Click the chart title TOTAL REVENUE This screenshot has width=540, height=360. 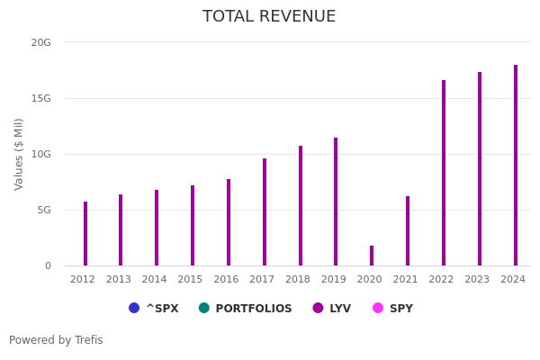[x=269, y=17]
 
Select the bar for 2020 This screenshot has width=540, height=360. [x=372, y=256]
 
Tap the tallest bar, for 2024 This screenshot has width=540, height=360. [x=516, y=166]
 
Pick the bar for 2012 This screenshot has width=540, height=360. [x=85, y=234]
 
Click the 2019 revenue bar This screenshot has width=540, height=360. [x=336, y=202]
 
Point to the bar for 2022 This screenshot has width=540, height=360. [x=444, y=173]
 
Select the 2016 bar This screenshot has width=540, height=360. [x=229, y=222]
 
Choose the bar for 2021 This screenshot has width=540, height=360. [x=408, y=231]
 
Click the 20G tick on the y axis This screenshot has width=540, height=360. [x=41, y=42]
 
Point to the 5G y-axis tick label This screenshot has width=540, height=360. [x=44, y=210]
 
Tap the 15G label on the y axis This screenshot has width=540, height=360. [x=41, y=98]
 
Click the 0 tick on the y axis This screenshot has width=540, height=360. [x=48, y=265]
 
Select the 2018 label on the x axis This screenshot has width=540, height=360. [x=298, y=280]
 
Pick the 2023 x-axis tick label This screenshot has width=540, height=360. [x=477, y=280]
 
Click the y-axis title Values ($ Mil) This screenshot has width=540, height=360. [x=19, y=154]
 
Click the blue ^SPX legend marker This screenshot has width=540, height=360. [x=134, y=308]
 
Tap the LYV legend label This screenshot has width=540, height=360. [x=340, y=309]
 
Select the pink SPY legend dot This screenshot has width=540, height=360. [x=378, y=308]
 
